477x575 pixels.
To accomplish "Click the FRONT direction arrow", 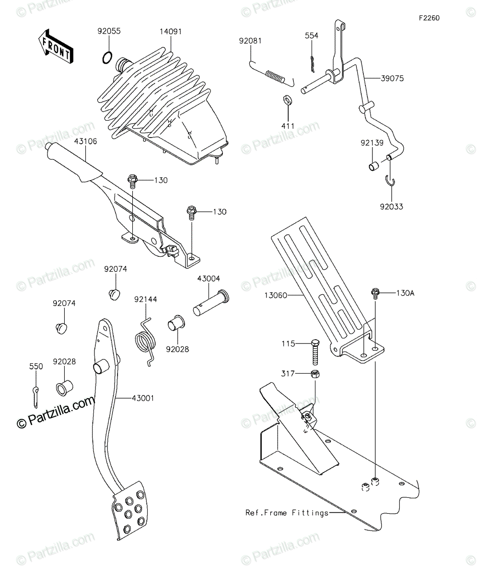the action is point(56,46).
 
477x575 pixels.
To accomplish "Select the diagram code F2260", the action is point(430,18).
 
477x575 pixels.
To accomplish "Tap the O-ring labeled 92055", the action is point(107,57).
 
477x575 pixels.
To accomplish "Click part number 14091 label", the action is point(171,32).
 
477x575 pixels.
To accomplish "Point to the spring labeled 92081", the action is point(271,74).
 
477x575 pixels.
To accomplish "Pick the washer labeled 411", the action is point(288,100).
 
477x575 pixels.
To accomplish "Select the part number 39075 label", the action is point(392,79).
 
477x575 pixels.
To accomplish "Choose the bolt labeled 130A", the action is point(375,293).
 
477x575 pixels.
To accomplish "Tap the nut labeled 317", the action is point(315,374).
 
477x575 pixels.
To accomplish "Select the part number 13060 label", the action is point(276,296).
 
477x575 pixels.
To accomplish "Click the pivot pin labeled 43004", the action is point(211,303).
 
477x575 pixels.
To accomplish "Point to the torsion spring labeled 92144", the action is point(145,342).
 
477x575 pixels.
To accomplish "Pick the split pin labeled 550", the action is point(35,397).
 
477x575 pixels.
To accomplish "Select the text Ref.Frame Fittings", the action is point(287,513).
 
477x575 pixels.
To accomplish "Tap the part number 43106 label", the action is point(86,141).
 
